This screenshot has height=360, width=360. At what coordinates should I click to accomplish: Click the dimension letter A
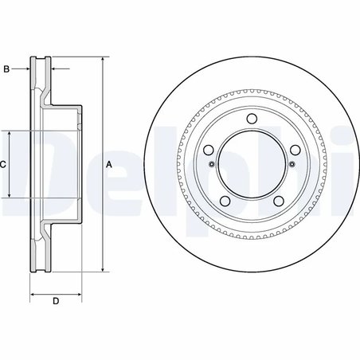[108, 164]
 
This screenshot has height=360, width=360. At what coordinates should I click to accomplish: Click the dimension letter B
[6, 70]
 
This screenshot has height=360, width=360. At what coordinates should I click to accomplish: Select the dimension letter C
[3, 164]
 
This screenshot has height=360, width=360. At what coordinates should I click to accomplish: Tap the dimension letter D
[56, 300]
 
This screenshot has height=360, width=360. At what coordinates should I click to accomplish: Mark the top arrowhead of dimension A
[103, 60]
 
